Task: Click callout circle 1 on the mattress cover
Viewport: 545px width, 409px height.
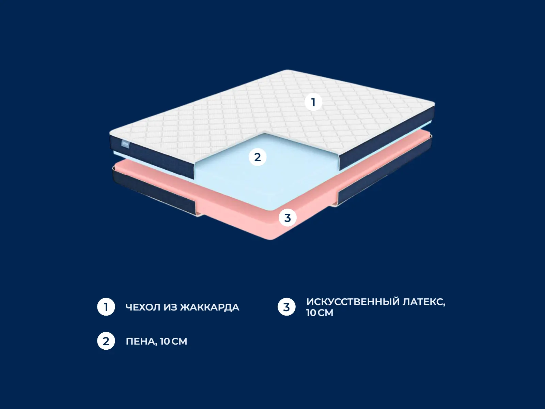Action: pyautogui.click(x=313, y=102)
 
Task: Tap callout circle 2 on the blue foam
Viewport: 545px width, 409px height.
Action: pyautogui.click(x=258, y=157)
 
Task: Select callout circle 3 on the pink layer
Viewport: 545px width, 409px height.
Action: pyautogui.click(x=287, y=218)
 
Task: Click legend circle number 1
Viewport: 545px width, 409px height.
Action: pyautogui.click(x=106, y=307)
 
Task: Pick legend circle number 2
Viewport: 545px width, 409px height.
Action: pyautogui.click(x=106, y=341)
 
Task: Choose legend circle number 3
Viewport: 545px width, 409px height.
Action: pyautogui.click(x=286, y=307)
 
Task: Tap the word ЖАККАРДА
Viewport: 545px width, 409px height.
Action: pyautogui.click(x=209, y=307)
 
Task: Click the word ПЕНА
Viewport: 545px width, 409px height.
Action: pyautogui.click(x=141, y=342)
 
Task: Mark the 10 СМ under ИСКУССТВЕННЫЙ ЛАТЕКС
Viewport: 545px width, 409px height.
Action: pyautogui.click(x=320, y=313)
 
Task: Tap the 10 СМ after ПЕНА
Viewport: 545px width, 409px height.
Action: pyautogui.click(x=174, y=342)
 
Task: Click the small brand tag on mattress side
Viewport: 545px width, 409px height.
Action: pyautogui.click(x=125, y=144)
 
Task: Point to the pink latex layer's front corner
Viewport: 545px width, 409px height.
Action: pyautogui.click(x=271, y=239)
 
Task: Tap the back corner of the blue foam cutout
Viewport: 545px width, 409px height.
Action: pyautogui.click(x=265, y=134)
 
